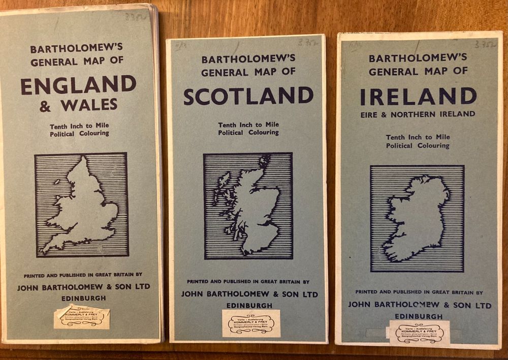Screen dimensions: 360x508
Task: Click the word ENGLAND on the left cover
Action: (x=78, y=84)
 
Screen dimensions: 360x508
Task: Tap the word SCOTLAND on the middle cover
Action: (x=248, y=96)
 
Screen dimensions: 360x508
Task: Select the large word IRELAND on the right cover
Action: (x=418, y=96)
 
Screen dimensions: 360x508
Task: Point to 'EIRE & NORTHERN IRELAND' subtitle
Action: (x=418, y=114)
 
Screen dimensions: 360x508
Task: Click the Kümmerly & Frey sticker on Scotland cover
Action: (x=251, y=323)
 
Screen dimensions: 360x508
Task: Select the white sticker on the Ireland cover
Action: (x=420, y=333)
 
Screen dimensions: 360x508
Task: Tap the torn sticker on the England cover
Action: (x=82, y=316)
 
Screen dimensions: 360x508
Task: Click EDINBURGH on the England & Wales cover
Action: (x=84, y=298)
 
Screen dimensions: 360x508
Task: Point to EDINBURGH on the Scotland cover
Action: (x=249, y=305)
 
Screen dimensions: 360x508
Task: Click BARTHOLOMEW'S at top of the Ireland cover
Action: (x=418, y=58)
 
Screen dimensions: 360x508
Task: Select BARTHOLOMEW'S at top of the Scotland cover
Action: (x=247, y=59)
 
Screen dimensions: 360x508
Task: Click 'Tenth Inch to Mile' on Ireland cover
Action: (x=418, y=137)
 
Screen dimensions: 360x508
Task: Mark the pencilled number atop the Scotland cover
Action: (x=308, y=43)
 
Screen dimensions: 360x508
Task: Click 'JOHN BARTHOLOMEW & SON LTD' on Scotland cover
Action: (x=249, y=294)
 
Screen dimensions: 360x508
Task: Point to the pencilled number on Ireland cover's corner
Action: (x=485, y=44)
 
